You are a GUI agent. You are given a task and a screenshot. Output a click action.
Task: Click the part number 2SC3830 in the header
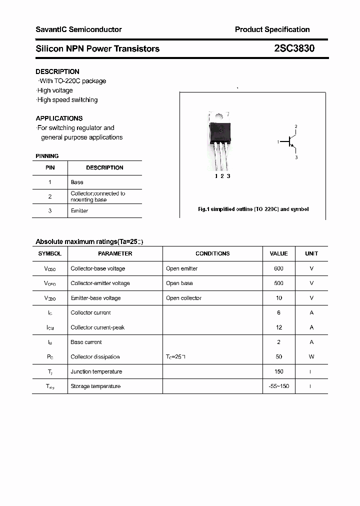[294, 48]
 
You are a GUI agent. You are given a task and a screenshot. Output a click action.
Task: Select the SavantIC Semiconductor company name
[78, 29]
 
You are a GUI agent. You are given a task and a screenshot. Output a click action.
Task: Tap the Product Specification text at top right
[272, 29]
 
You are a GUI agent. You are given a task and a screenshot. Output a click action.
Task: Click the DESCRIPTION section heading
[57, 71]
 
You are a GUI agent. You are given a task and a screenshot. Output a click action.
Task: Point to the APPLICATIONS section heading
[59, 118]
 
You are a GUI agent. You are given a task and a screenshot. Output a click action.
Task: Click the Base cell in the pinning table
[77, 182]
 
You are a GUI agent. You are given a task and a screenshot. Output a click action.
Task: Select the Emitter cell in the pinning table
[79, 211]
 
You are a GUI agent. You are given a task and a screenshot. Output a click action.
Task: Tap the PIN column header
[50, 167]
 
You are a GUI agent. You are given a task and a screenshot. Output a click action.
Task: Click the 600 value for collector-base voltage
[278, 268]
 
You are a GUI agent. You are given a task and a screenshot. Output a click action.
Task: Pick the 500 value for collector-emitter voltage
[278, 283]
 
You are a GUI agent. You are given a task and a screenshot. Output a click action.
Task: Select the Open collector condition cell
[183, 298]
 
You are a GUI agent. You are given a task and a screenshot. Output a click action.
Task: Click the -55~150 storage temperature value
[278, 386]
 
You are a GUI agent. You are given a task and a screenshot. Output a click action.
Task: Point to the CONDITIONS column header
[212, 253]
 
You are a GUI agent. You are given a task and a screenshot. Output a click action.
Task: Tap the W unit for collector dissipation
[311, 357]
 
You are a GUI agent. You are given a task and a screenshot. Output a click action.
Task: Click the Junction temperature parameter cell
[96, 371]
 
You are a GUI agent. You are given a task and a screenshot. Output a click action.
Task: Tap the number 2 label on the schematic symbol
[296, 126]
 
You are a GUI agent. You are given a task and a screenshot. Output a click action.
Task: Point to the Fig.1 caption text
[253, 209]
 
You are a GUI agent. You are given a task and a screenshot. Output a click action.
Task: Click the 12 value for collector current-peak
[278, 327]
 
